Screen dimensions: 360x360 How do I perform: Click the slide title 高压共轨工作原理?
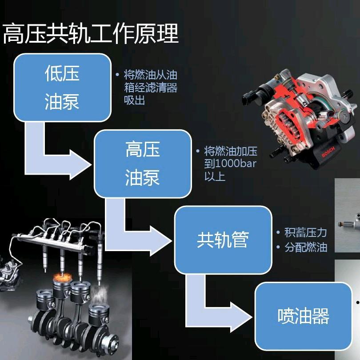91,34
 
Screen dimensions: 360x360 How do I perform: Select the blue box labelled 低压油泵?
63,88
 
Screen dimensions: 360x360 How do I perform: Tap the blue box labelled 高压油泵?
143,164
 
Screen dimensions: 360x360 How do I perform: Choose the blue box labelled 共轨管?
223,240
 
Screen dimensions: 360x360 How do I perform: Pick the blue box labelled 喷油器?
304,316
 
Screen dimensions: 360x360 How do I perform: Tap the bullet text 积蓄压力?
306,232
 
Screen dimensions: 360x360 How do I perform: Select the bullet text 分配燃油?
306,248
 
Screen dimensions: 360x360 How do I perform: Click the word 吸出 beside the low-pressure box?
135,100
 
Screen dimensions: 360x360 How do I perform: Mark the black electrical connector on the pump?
248,97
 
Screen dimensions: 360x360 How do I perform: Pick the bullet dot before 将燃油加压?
198,151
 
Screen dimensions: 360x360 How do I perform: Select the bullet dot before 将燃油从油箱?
117,75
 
